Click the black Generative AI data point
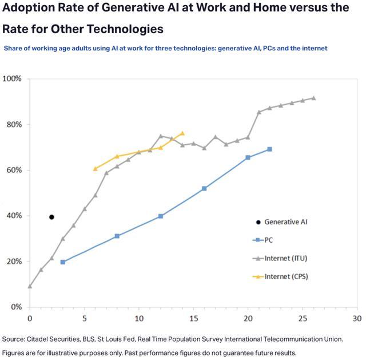point(51,217)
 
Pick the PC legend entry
point(269,240)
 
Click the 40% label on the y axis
point(13,216)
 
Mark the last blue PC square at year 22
point(269,149)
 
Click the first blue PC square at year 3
point(62,262)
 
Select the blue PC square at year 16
point(204,188)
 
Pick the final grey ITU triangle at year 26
point(313,98)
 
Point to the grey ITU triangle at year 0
point(30,286)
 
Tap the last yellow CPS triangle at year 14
point(182,133)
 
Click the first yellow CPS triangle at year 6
point(95,168)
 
